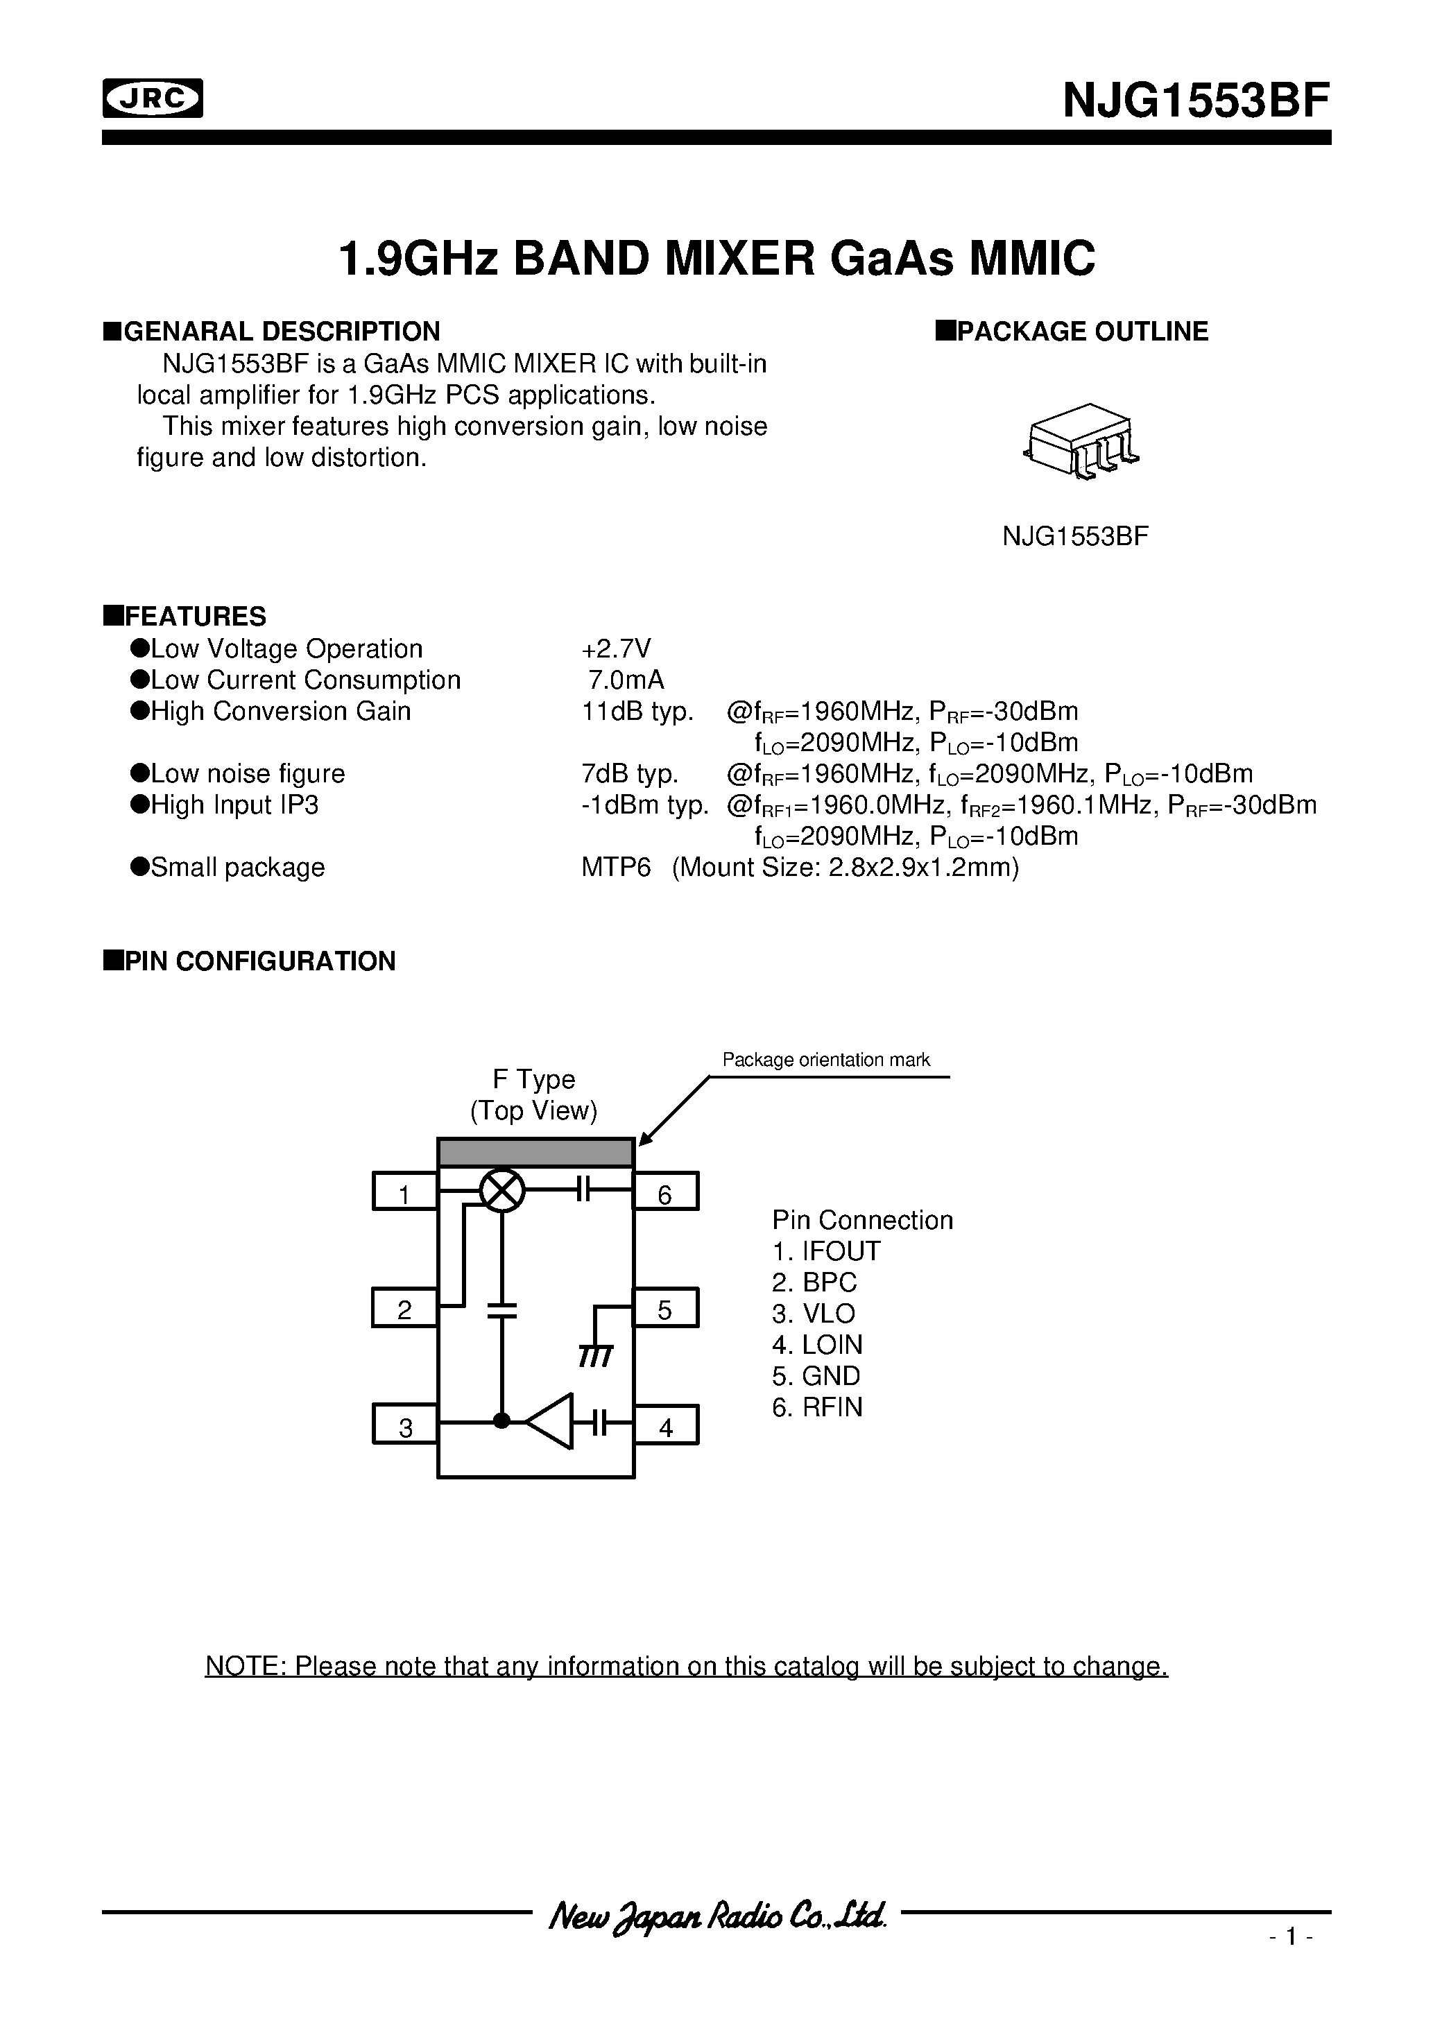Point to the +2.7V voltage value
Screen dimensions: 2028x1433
616,648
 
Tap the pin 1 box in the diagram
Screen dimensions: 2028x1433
404,1191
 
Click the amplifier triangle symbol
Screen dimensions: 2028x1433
551,1422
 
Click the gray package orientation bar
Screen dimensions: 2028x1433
535,1153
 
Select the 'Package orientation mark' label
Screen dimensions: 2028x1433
825,1059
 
